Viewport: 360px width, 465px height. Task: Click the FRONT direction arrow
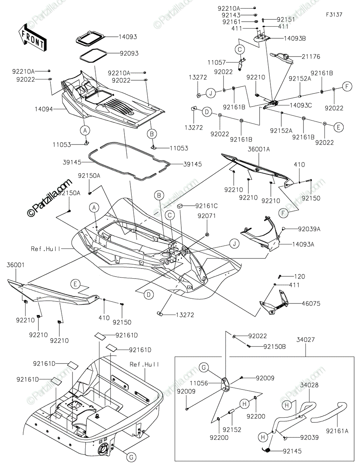[x=32, y=38]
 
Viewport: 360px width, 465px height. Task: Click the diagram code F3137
[x=334, y=15]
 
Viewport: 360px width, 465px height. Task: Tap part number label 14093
[x=128, y=37]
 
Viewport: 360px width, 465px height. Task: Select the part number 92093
[x=129, y=53]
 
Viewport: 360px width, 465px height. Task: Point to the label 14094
[x=44, y=109]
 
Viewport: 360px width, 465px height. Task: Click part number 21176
[x=311, y=57]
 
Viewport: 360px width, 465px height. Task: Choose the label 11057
[x=217, y=62]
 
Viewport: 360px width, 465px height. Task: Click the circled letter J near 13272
[x=211, y=93]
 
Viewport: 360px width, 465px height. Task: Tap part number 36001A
[x=258, y=149]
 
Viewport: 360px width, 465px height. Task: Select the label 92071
[x=207, y=216]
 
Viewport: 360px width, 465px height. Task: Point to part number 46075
[x=311, y=303]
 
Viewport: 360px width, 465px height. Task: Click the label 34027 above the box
[x=305, y=339]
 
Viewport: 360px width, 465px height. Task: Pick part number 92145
[x=292, y=451]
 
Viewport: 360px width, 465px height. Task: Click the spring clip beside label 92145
[x=266, y=450]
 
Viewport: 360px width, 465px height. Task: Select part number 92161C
[x=207, y=206]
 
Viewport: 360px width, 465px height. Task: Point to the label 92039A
[x=309, y=229]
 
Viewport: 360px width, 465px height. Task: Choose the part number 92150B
[x=275, y=346]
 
